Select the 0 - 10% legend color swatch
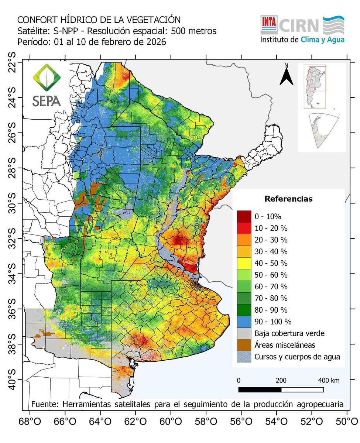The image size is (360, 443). pyautogui.click(x=244, y=216)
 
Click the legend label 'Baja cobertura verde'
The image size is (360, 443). pyautogui.click(x=289, y=333)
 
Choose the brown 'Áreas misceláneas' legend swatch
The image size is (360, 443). pyautogui.click(x=244, y=345)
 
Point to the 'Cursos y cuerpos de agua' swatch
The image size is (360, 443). pyautogui.click(x=244, y=357)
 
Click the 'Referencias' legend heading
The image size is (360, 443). pyautogui.click(x=288, y=199)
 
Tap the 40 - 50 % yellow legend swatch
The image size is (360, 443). pyautogui.click(x=244, y=263)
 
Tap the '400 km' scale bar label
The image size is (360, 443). pyautogui.click(x=329, y=381)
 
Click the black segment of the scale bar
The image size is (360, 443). pyautogui.click(x=260, y=389)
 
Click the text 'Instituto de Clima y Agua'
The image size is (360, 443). pyautogui.click(x=302, y=40)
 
